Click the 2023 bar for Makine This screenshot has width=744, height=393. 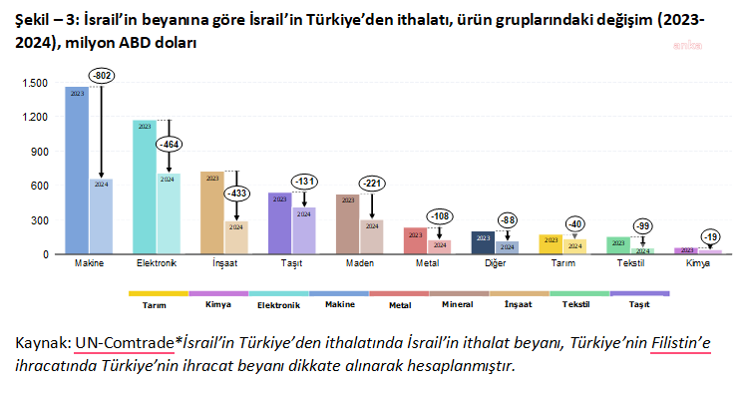click(77, 170)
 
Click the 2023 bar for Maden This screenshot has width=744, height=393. click(348, 224)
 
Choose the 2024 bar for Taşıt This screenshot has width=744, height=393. click(304, 230)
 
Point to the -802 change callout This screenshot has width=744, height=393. click(102, 75)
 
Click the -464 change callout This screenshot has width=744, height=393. click(169, 145)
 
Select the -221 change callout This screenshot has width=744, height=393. click(371, 183)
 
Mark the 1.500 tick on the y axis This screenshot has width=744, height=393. click(36, 83)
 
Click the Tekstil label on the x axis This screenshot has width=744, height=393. click(630, 265)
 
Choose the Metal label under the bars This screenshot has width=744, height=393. click(427, 265)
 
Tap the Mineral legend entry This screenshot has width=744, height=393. click(459, 303)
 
